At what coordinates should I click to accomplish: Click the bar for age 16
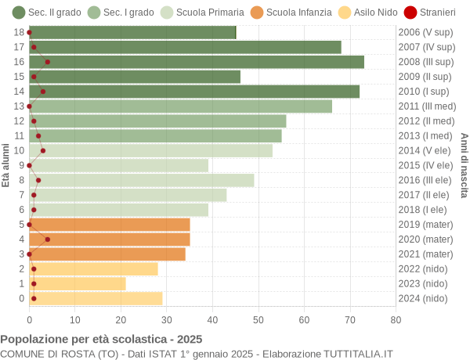point(197,62)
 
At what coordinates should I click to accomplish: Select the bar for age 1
point(78,283)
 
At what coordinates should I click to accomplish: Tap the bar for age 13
point(180,106)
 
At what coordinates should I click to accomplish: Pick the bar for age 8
point(142,180)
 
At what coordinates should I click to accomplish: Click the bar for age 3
point(107,254)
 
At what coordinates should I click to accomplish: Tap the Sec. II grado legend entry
point(47,12)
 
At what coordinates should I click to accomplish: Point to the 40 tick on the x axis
point(212,319)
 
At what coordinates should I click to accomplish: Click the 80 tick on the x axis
point(396,319)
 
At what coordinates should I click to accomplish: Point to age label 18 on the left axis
point(19,32)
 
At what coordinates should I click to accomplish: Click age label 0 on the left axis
point(21,298)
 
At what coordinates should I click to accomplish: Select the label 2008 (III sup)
point(425,62)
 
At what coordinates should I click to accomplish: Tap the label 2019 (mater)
point(425,225)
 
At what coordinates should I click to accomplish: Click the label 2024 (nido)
point(423,298)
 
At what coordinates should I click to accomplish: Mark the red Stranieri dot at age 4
point(48,239)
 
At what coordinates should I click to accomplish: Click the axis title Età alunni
point(5,165)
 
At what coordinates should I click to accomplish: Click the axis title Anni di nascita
point(463,165)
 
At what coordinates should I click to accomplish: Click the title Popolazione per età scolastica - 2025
point(101,339)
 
